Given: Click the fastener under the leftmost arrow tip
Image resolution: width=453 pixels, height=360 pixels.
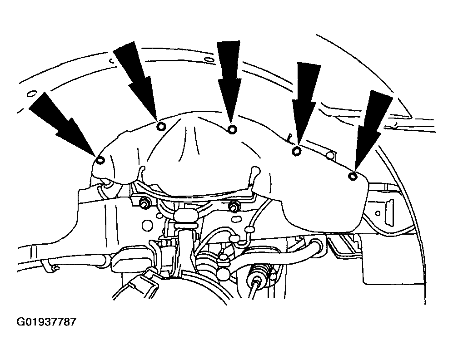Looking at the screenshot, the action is pyautogui.click(x=100, y=160).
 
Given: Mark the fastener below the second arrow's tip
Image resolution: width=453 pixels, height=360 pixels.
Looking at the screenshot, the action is pyautogui.click(x=161, y=126).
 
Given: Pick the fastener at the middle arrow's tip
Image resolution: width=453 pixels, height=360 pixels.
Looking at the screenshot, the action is pyautogui.click(x=232, y=129).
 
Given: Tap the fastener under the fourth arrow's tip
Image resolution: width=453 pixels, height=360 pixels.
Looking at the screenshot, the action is pyautogui.click(x=297, y=151).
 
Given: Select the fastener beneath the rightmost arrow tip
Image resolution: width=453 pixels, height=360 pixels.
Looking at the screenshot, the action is pyautogui.click(x=352, y=176).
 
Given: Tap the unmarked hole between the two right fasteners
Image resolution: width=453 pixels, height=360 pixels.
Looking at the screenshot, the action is pyautogui.click(x=330, y=156).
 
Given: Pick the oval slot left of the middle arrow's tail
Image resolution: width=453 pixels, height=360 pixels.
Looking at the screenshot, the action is pyautogui.click(x=208, y=60).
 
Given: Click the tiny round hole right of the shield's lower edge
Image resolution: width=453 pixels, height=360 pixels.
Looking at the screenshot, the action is pyautogui.click(x=378, y=213).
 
